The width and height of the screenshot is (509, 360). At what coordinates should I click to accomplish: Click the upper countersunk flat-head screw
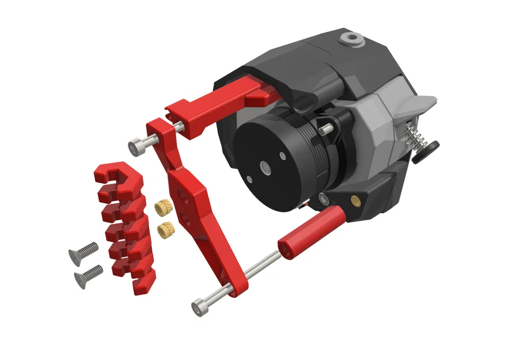point(84,252)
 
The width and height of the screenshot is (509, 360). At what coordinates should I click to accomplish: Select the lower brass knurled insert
point(165,230)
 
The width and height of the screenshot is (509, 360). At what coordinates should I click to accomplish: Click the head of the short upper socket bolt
point(136,147)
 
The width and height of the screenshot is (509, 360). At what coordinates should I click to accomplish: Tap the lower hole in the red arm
point(187,217)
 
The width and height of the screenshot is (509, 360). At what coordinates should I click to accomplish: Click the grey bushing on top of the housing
point(351,39)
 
